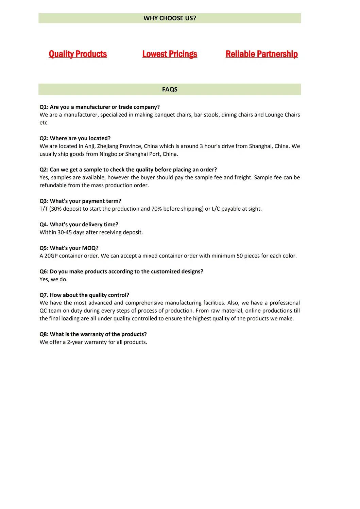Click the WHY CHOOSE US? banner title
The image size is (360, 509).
[x=170, y=18]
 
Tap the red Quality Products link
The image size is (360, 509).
[x=78, y=54]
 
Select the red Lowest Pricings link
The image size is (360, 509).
[x=170, y=54]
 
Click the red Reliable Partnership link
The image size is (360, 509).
[x=261, y=54]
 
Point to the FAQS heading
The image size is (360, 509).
[x=170, y=89]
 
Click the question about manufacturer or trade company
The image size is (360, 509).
[x=100, y=107]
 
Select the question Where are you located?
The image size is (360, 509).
[x=75, y=138]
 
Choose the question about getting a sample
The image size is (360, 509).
[x=128, y=170]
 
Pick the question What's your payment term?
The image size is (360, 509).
[x=81, y=201]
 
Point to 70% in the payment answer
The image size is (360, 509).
[x=156, y=209]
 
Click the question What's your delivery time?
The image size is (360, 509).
[x=79, y=225]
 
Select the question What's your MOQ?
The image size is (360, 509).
[x=69, y=248]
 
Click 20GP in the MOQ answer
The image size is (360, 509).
[x=51, y=256]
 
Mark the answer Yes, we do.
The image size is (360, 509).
[x=53, y=279]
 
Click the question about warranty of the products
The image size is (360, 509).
[x=93, y=334]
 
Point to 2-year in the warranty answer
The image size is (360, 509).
[x=75, y=342]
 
